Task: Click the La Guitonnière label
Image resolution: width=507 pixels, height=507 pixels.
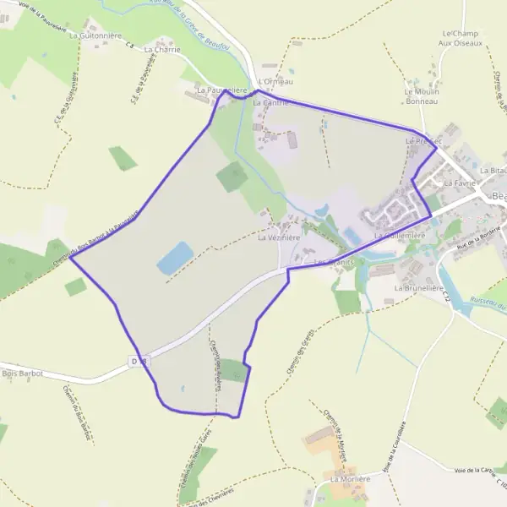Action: point(96,36)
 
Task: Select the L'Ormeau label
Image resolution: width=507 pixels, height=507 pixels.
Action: point(278,81)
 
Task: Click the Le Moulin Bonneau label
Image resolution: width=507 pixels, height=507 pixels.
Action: point(422,96)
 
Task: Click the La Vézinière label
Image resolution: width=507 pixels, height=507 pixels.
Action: point(279,238)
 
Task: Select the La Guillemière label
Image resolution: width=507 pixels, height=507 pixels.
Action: point(399,235)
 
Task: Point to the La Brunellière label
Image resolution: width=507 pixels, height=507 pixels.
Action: point(419,288)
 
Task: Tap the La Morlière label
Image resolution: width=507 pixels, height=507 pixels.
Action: point(351,479)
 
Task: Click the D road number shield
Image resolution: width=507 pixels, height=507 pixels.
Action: point(139,362)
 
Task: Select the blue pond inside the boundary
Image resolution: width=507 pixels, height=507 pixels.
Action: point(175,258)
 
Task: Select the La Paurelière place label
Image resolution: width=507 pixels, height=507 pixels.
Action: point(221,89)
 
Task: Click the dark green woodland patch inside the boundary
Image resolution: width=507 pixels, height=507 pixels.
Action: point(232,176)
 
